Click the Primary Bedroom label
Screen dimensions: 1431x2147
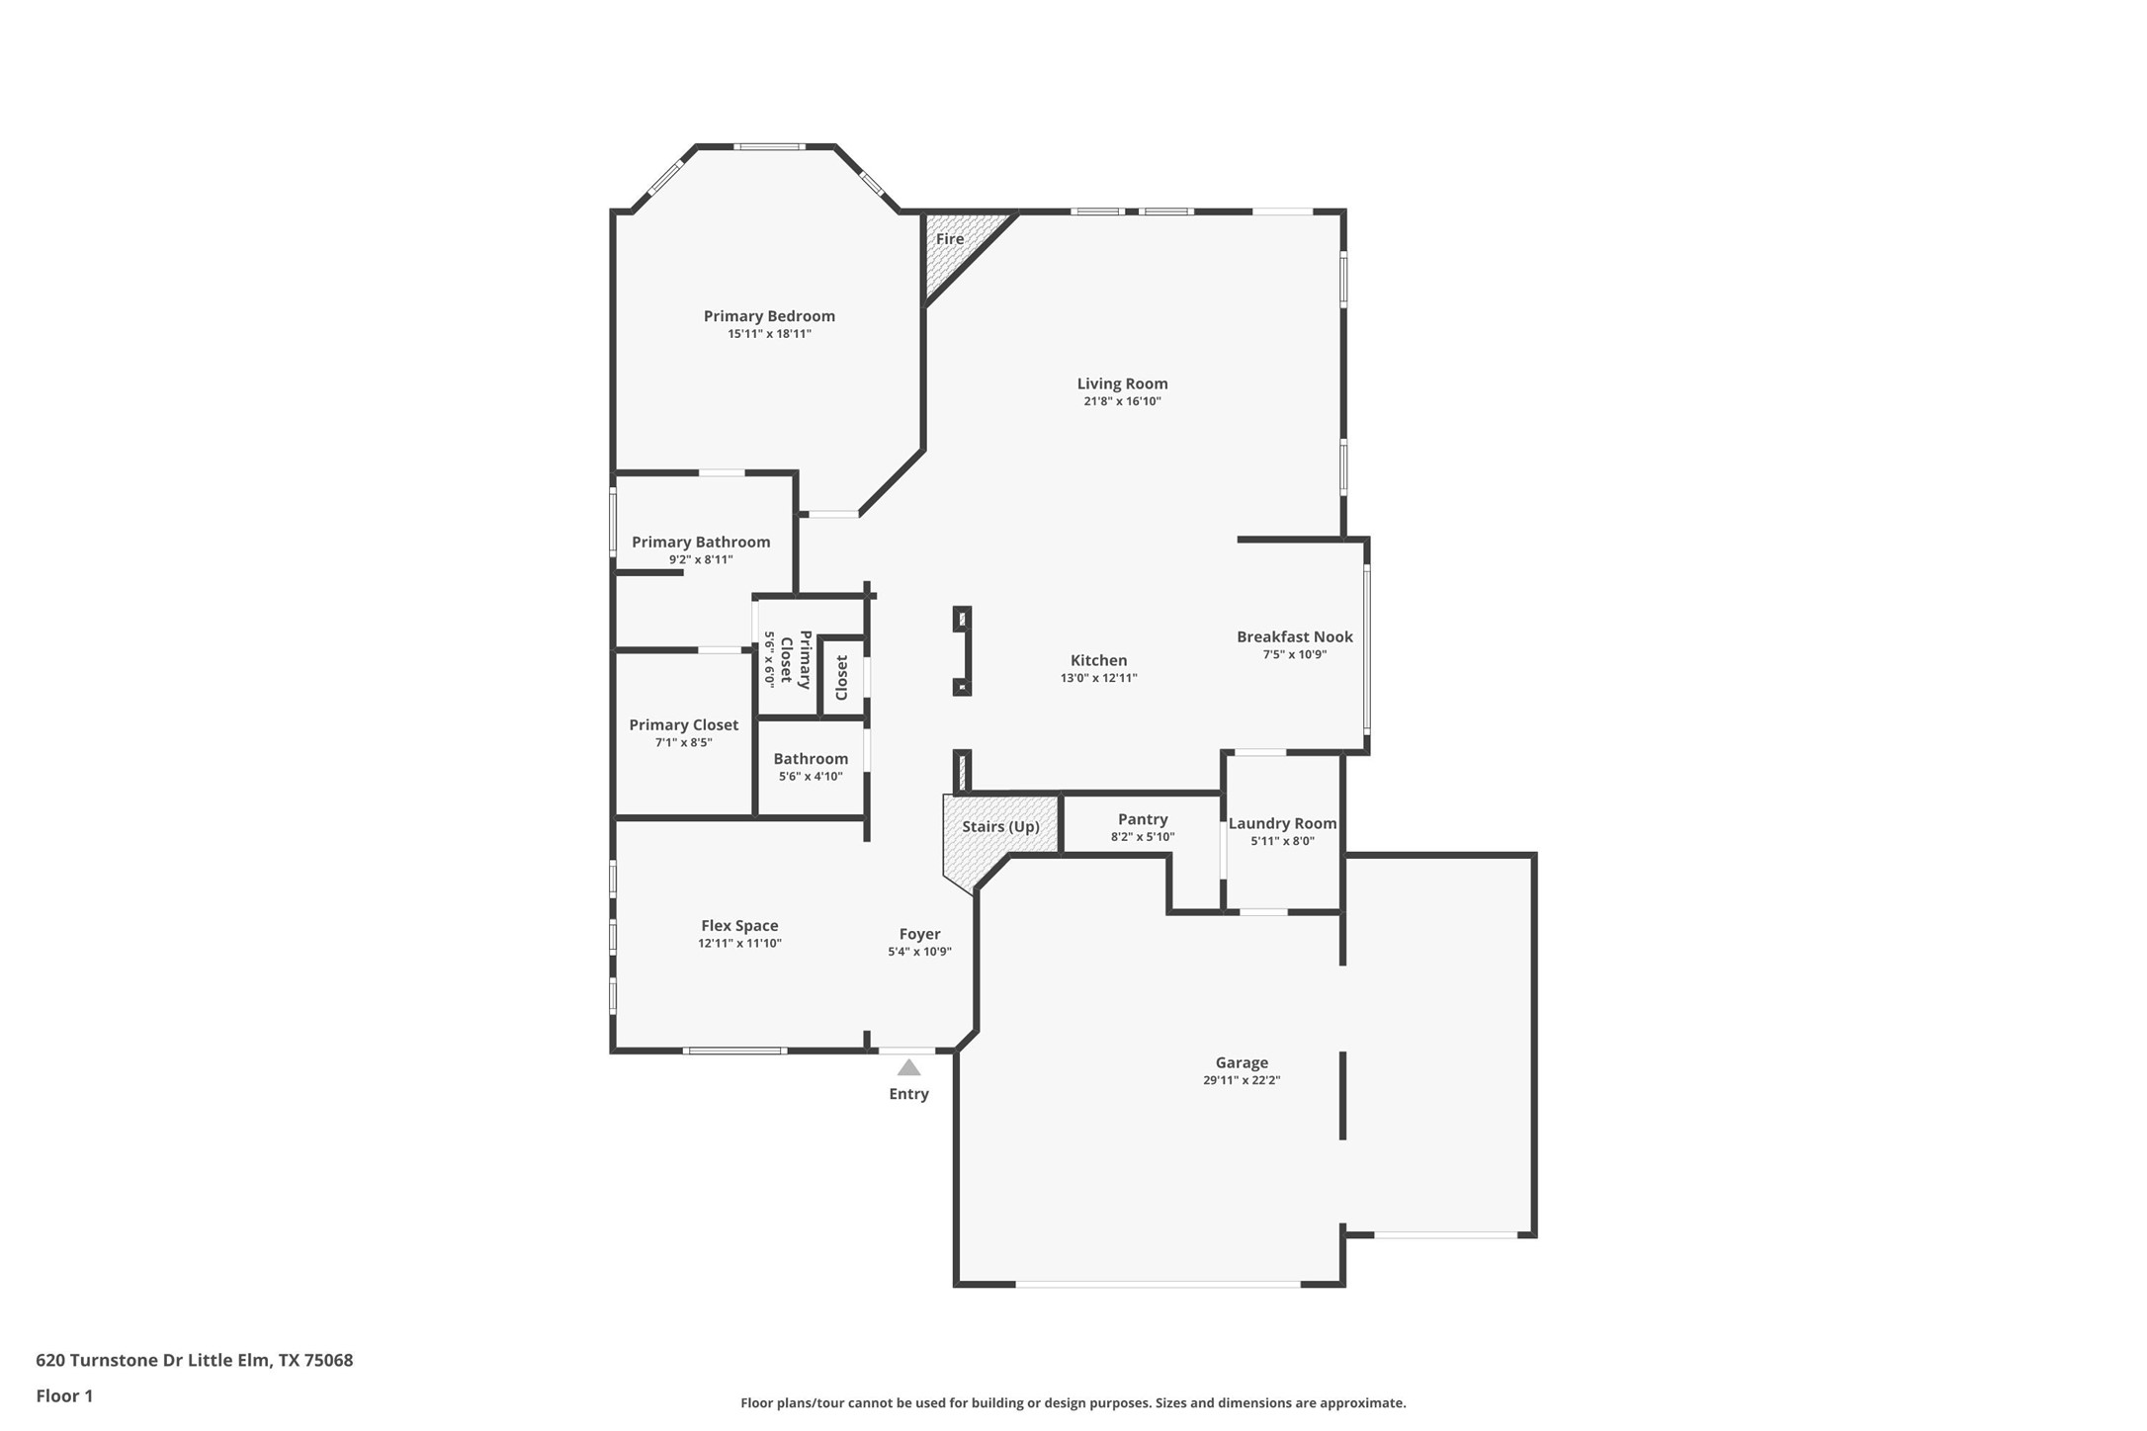click(x=769, y=316)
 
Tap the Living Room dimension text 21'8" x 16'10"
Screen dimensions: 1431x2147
click(x=1122, y=401)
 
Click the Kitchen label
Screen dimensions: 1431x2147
click(x=1098, y=660)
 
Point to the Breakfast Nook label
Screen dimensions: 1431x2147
click(x=1294, y=637)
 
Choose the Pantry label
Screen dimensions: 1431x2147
click(x=1143, y=819)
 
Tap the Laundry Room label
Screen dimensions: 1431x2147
click(x=1282, y=823)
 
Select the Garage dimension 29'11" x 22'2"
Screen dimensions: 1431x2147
click(x=1242, y=1080)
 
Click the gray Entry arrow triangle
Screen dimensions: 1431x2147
click(x=908, y=1068)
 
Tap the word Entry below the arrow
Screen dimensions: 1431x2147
click(x=908, y=1094)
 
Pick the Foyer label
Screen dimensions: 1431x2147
click(x=919, y=934)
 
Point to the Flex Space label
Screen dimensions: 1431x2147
click(x=739, y=926)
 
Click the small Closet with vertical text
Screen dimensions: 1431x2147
click(x=842, y=677)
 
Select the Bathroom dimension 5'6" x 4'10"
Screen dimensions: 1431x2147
click(x=811, y=777)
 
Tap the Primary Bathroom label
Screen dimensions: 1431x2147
click(x=701, y=542)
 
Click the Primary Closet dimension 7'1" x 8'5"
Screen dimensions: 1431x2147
click(x=683, y=742)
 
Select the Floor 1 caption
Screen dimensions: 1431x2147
click(x=64, y=1396)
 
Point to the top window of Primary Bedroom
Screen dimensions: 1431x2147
click(x=769, y=147)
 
